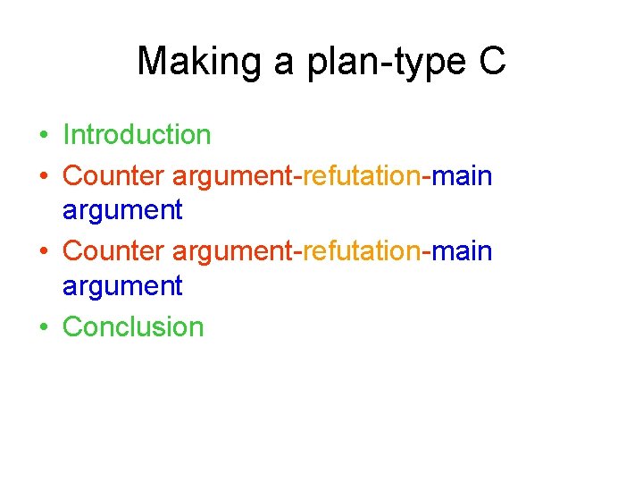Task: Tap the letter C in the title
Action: (x=492, y=62)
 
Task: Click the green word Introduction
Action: (x=137, y=135)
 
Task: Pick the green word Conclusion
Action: (x=133, y=326)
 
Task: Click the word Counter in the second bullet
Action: (x=113, y=175)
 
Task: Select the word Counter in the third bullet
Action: (x=113, y=251)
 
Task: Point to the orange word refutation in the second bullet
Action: (x=362, y=175)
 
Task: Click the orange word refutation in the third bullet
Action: (x=362, y=251)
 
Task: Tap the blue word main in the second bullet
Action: (x=462, y=175)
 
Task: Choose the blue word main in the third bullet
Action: (x=462, y=251)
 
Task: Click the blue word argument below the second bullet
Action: (x=122, y=211)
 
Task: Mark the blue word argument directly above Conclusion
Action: (x=122, y=287)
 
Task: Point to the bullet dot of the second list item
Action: (x=43, y=177)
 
